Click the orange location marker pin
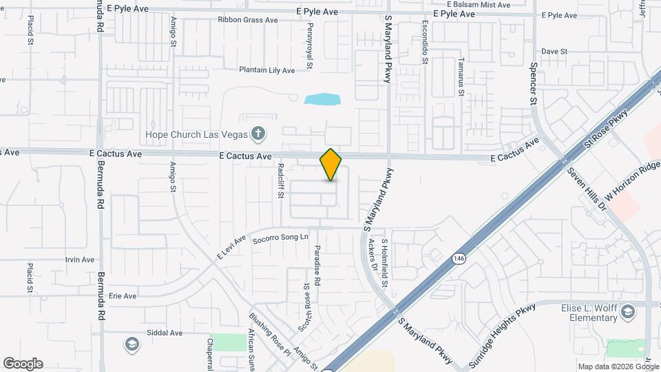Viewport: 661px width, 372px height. coord(330,165)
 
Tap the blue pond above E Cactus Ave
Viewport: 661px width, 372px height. coord(322,99)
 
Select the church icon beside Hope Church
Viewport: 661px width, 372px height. coord(258,133)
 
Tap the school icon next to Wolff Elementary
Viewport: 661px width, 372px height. coord(628,313)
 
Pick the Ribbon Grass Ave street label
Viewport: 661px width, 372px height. coord(248,20)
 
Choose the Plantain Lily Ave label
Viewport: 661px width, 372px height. coord(266,70)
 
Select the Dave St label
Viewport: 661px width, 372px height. coord(554,52)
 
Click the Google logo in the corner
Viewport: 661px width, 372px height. coord(23,364)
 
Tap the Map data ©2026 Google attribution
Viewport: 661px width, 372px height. coord(617,366)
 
